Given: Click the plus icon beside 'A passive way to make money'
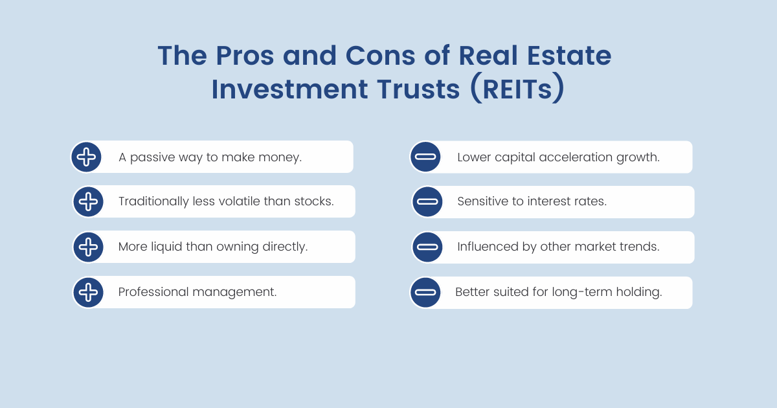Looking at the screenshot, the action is pos(86,157).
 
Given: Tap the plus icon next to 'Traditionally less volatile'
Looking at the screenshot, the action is pos(88,201).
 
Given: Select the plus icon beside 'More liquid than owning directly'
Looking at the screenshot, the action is pos(88,247).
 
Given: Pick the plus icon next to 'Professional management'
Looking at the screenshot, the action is pos(88,292).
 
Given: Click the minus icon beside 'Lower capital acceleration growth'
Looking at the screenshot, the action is pos(425,157).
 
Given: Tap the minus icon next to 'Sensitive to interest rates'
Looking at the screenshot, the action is pos(427,201).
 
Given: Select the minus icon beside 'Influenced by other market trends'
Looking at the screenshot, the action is pos(427,247).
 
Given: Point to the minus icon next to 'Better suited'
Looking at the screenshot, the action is pos(425,292).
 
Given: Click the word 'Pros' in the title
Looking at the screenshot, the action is pos(245,56).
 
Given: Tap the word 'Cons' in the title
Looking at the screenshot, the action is pos(380,56).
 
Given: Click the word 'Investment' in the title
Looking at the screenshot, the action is pos(289,89).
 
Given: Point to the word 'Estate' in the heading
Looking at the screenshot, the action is pos(569,56).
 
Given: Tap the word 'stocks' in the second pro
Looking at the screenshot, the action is pos(314,201).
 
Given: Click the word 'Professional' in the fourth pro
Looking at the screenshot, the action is pos(153,292).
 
